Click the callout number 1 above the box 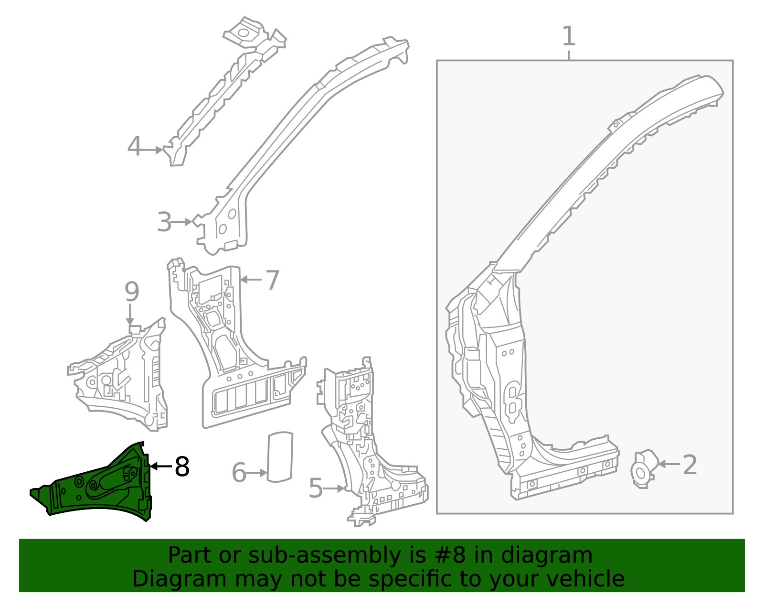(x=568, y=37)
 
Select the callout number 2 (x=690, y=465)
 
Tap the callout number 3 (x=164, y=223)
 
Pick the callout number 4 (x=135, y=147)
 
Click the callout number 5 (x=316, y=488)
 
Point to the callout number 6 (x=239, y=473)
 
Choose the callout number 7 (x=272, y=280)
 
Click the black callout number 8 (x=182, y=467)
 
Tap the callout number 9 (x=132, y=292)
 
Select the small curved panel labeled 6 (x=280, y=456)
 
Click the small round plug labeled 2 (x=643, y=469)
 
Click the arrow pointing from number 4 (x=153, y=150)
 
